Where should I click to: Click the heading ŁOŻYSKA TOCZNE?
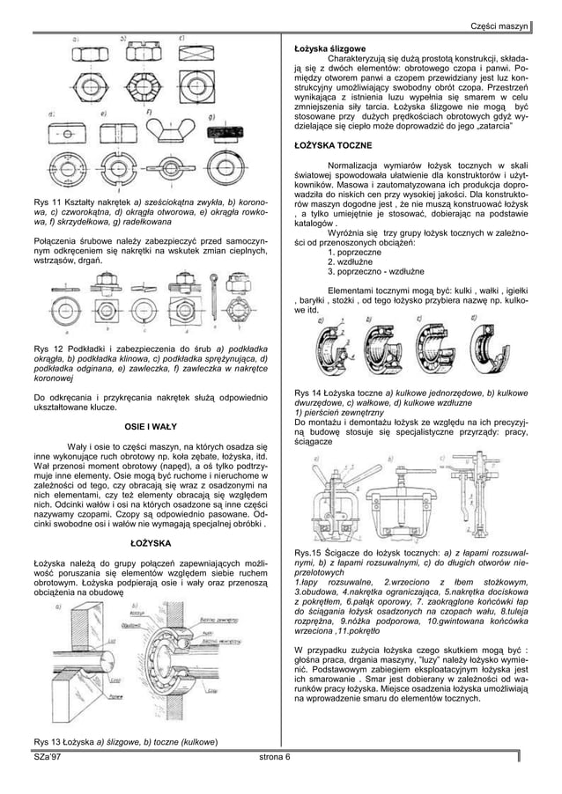336,143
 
